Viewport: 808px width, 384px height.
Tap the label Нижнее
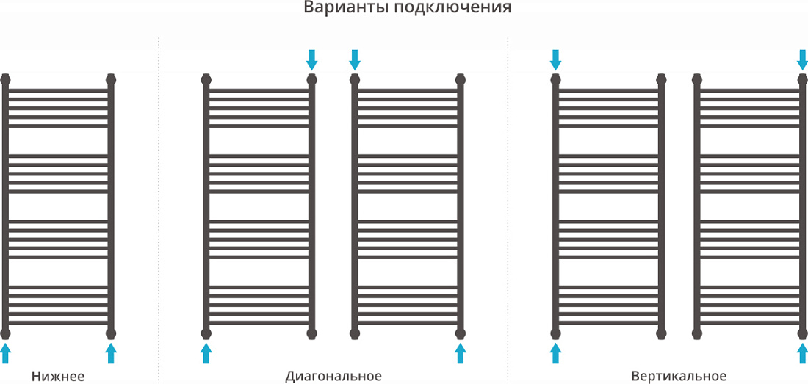point(58,376)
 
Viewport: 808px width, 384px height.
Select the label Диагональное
point(333,376)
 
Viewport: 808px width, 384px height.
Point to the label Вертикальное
point(679,376)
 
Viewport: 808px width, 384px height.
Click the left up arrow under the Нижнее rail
point(5,354)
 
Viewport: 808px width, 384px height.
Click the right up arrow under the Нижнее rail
point(111,354)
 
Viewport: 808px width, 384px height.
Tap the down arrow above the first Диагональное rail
point(311,59)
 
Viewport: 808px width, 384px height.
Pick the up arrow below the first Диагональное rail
point(206,354)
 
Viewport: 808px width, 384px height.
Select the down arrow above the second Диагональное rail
point(355,59)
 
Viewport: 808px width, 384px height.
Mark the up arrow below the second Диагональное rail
point(460,354)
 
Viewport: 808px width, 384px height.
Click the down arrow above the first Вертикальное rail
point(555,59)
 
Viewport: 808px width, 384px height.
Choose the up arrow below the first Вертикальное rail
point(555,354)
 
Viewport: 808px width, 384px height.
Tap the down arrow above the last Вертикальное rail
point(802,59)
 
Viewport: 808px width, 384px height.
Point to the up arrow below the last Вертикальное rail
point(802,354)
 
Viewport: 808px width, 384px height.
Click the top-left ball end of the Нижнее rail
point(5,80)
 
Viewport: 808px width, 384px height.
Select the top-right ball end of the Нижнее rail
point(111,80)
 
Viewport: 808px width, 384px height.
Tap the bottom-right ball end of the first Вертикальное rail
point(661,333)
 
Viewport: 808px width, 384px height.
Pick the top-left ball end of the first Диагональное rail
point(206,80)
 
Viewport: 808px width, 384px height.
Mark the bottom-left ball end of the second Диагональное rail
point(355,333)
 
